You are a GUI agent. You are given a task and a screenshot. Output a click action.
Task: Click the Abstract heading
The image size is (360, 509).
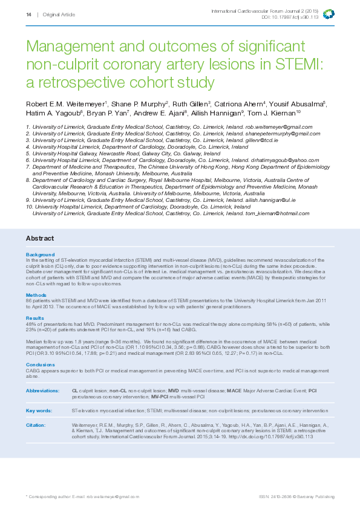click(39, 238)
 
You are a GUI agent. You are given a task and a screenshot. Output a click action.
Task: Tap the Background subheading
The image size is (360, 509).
click(40, 254)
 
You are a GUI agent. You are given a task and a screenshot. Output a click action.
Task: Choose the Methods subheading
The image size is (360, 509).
click(36, 295)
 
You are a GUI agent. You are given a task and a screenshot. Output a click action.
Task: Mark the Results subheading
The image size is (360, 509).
click(35, 317)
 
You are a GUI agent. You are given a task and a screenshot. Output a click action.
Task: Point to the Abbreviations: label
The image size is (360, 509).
click(43, 391)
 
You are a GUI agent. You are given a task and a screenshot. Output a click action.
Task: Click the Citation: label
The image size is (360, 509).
click(36, 425)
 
